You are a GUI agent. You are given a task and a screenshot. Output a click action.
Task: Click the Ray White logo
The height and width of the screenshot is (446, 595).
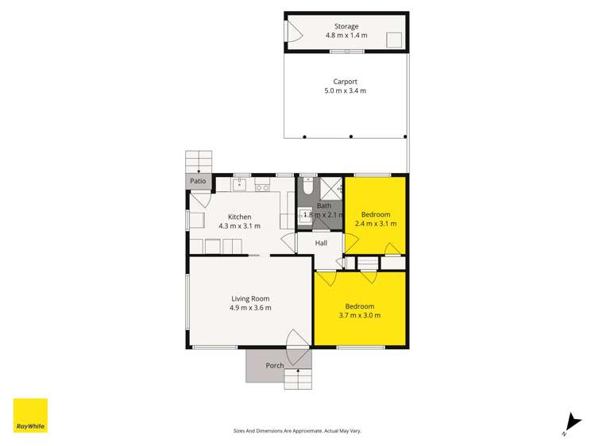[30, 416]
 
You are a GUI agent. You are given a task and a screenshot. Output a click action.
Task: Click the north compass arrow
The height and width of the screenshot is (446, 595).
[569, 424]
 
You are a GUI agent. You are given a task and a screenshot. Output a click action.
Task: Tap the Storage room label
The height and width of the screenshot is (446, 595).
[346, 26]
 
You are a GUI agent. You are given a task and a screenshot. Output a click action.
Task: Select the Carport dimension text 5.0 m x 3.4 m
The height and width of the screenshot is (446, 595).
[346, 90]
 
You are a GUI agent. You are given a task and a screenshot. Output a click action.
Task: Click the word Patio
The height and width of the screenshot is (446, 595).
[198, 182]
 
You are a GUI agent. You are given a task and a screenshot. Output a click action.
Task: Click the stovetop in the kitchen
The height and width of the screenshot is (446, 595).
[262, 187]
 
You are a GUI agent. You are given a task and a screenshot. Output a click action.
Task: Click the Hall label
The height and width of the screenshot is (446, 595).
[321, 243]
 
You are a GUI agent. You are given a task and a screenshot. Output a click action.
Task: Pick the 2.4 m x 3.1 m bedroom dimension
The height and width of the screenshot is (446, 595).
[376, 224]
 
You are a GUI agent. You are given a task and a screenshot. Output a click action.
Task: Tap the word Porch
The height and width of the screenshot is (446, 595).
[275, 366]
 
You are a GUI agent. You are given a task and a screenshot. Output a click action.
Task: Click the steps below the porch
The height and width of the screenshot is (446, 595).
[298, 379]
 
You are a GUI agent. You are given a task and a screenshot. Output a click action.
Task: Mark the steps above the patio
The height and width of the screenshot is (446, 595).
[199, 161]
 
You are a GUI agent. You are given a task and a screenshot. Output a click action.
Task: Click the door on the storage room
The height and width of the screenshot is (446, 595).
[293, 33]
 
